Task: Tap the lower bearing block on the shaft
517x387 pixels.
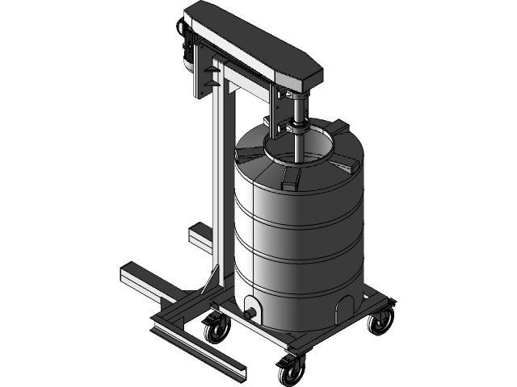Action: (x=295, y=127)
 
